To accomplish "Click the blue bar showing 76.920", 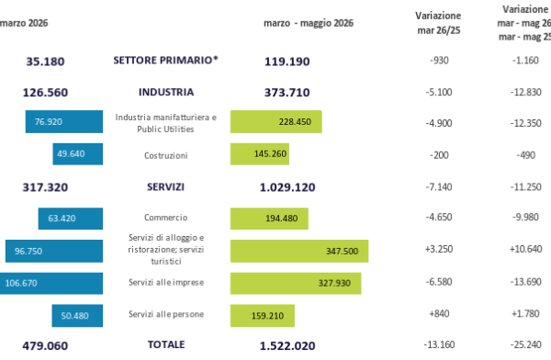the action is [64, 121].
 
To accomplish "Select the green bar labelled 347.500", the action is [299, 251].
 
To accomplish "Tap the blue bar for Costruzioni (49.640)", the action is [78, 154].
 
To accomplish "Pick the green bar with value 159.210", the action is [263, 316].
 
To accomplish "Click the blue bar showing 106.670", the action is [51, 284].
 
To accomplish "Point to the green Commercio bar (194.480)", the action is [269, 219].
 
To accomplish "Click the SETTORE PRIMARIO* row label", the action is [165, 60].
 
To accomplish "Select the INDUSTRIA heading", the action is [166, 92].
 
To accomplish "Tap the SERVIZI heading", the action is [165, 187].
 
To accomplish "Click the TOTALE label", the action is [166, 344].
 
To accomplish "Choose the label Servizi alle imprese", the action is [166, 282].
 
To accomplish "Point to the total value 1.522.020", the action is [287, 346].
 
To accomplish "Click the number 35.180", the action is [45, 62].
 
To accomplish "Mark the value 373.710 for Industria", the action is [287, 93].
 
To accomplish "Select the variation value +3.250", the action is [439, 249].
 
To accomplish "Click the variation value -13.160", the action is [439, 344].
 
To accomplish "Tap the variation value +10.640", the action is [525, 249].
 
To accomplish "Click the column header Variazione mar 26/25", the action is [439, 23].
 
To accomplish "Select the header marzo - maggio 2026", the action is [309, 23].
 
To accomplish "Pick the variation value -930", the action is [439, 61].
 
